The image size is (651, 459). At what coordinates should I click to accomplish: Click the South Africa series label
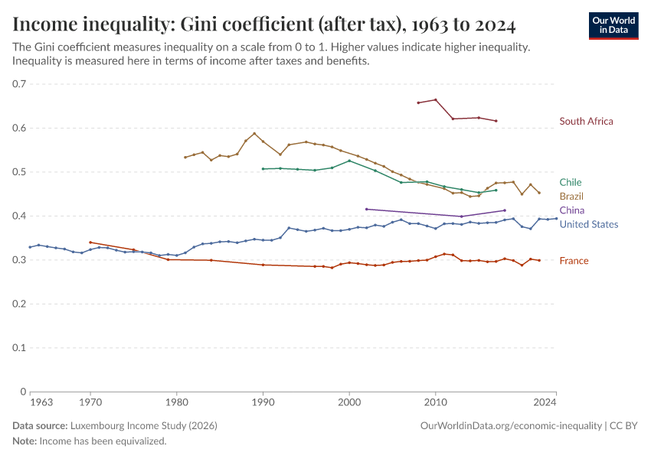[x=586, y=121]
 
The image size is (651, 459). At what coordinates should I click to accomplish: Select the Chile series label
[x=570, y=182]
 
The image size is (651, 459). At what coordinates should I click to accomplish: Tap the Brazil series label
[x=571, y=197]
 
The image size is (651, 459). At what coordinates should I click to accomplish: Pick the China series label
[x=571, y=210]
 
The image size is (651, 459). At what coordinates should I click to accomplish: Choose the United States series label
[x=588, y=224]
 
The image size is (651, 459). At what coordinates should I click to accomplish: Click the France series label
[x=574, y=261]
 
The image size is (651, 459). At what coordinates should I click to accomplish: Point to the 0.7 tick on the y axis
[x=18, y=84]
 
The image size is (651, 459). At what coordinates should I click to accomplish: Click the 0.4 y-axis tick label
[x=18, y=216]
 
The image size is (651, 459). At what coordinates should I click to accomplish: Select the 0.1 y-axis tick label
[x=18, y=348]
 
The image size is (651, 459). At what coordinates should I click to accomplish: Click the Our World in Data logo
[x=613, y=25]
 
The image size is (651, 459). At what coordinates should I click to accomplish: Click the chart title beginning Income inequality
[x=263, y=24]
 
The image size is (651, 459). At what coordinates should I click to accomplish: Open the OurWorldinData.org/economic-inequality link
[x=511, y=425]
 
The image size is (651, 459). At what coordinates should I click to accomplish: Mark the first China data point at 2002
[x=366, y=209]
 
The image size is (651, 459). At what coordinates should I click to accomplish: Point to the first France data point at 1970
[x=90, y=242]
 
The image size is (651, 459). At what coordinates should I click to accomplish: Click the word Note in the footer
[x=24, y=441]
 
